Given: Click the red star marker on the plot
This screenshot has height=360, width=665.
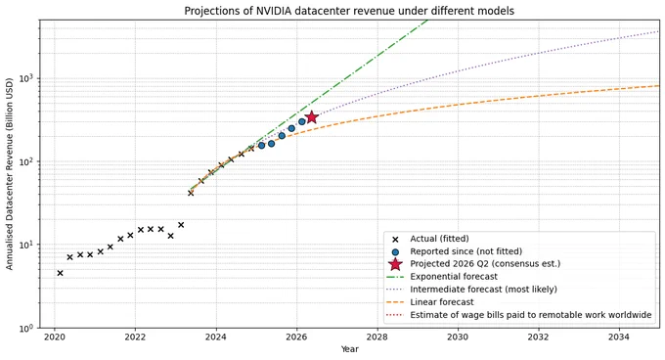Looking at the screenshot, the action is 312,117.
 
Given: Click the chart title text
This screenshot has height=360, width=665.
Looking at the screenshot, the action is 349,11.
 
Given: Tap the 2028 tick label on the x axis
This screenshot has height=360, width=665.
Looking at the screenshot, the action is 377,337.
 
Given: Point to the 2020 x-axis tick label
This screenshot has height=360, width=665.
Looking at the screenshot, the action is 55,337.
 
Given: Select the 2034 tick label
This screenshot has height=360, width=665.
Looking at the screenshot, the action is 619,337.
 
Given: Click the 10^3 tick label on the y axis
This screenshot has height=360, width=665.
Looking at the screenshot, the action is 28,78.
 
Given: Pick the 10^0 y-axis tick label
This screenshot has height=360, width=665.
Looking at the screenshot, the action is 28,328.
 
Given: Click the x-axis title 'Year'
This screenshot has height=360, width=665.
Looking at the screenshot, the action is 349,349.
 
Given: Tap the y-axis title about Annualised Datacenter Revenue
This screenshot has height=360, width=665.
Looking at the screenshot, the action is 10,174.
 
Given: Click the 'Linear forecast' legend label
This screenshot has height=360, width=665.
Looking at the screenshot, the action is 442,302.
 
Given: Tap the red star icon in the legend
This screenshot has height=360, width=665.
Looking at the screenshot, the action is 395,264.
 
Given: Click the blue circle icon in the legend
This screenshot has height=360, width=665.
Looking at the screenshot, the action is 395,251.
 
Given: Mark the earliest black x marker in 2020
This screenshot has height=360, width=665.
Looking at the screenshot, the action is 60,273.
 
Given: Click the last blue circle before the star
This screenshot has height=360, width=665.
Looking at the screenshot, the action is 301,121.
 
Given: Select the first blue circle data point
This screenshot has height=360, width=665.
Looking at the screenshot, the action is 261,146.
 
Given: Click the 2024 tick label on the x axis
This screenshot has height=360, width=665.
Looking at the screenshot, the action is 216,337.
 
